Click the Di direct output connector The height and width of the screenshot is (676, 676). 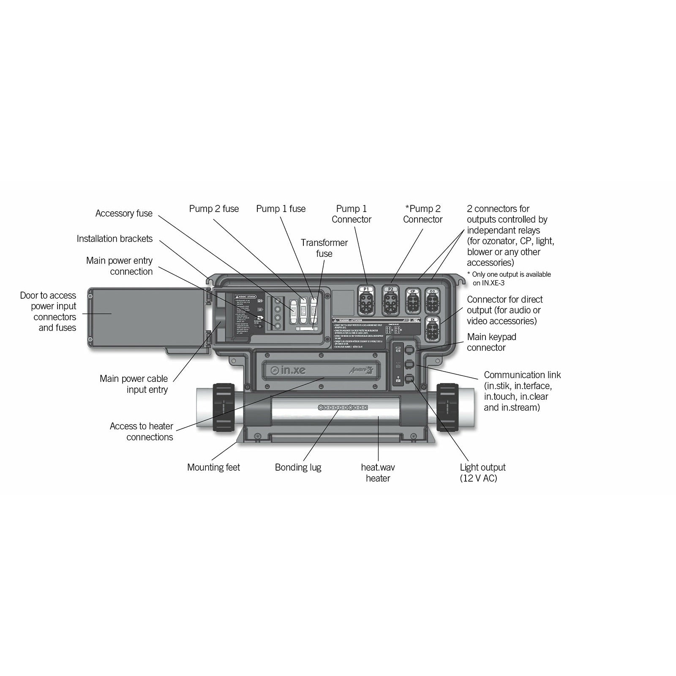click(x=432, y=329)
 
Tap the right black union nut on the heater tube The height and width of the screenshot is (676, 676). click(x=447, y=407)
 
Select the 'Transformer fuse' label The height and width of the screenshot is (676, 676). click(x=324, y=248)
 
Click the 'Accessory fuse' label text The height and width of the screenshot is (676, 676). click(x=124, y=213)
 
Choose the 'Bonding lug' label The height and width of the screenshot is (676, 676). click(x=298, y=467)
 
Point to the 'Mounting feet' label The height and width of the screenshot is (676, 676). click(x=213, y=467)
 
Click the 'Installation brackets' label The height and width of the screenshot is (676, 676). click(x=114, y=239)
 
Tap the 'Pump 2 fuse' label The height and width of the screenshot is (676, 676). click(x=214, y=209)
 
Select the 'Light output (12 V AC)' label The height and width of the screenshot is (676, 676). click(x=482, y=473)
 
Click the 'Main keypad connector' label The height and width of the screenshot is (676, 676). click(x=491, y=342)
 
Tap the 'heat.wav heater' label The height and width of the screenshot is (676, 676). click(x=378, y=473)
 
